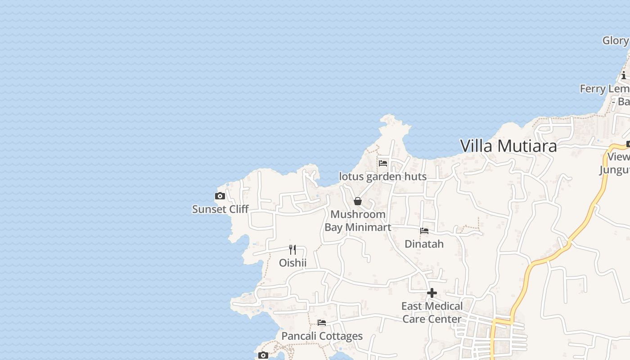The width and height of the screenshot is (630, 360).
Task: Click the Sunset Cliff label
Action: [220, 209]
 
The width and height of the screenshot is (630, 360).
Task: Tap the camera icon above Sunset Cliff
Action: [220, 196]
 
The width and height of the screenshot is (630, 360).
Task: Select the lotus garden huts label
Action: [382, 176]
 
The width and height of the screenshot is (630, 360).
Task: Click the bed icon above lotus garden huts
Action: [383, 163]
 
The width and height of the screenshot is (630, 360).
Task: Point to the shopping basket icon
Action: [358, 201]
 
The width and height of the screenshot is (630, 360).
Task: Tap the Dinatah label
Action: [424, 244]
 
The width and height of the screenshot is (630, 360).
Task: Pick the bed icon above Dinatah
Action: [424, 231]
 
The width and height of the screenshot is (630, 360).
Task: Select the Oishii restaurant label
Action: [292, 263]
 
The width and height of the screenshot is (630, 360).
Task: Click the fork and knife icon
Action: [292, 249]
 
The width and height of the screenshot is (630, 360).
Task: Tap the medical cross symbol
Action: [432, 293]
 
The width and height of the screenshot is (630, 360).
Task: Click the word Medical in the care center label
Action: [444, 306]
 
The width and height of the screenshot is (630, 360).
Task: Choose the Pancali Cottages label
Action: [322, 336]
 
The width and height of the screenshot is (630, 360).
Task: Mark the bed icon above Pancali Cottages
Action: [322, 323]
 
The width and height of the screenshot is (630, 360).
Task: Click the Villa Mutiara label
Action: [508, 146]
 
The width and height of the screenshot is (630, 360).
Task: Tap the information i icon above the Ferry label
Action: [624, 76]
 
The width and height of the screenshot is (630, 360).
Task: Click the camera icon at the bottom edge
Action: [263, 355]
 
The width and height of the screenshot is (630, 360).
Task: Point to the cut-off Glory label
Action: [615, 40]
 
